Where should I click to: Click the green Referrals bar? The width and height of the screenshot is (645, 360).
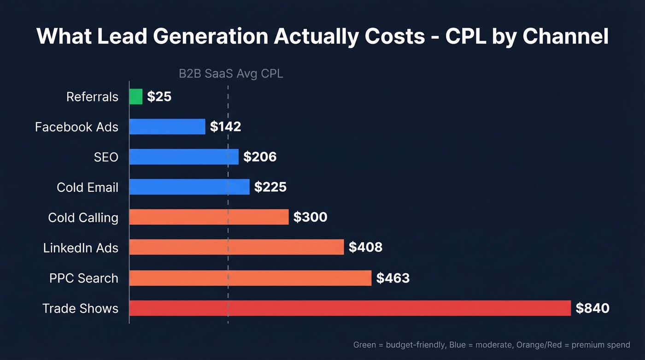point(136,97)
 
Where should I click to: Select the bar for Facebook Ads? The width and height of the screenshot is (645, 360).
point(167,127)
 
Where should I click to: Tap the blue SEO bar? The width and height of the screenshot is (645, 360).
point(184,157)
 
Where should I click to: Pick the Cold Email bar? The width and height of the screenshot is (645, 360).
point(189,187)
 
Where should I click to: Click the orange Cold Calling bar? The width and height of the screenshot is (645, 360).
point(209,217)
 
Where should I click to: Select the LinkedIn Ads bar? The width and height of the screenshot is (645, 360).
point(236,248)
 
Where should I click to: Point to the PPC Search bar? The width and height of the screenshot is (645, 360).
point(250,278)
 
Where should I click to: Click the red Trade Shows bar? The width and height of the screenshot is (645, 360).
point(350,308)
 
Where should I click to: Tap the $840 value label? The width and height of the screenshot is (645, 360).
point(592,308)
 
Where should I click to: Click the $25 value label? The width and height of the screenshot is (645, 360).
point(159,97)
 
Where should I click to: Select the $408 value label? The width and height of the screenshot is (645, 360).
point(365,248)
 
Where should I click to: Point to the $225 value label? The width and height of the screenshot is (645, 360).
point(270,187)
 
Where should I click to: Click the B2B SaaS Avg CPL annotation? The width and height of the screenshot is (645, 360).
point(231,74)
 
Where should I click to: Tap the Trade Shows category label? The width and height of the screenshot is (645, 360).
point(80,308)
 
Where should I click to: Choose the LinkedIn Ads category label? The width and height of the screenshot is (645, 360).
point(81,248)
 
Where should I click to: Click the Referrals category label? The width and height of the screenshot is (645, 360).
point(92,97)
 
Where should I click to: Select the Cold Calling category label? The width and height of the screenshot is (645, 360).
point(83,218)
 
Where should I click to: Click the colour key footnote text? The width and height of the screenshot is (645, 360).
point(491,345)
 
